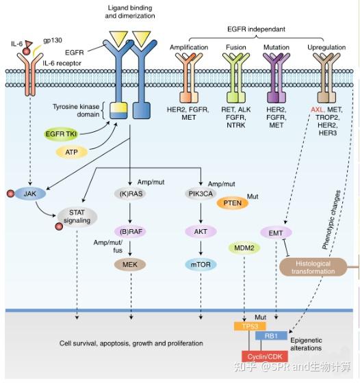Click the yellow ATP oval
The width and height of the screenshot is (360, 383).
(x=71, y=152)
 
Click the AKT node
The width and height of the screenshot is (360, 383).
(x=200, y=231)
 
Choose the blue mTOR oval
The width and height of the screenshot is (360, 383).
(x=200, y=264)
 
